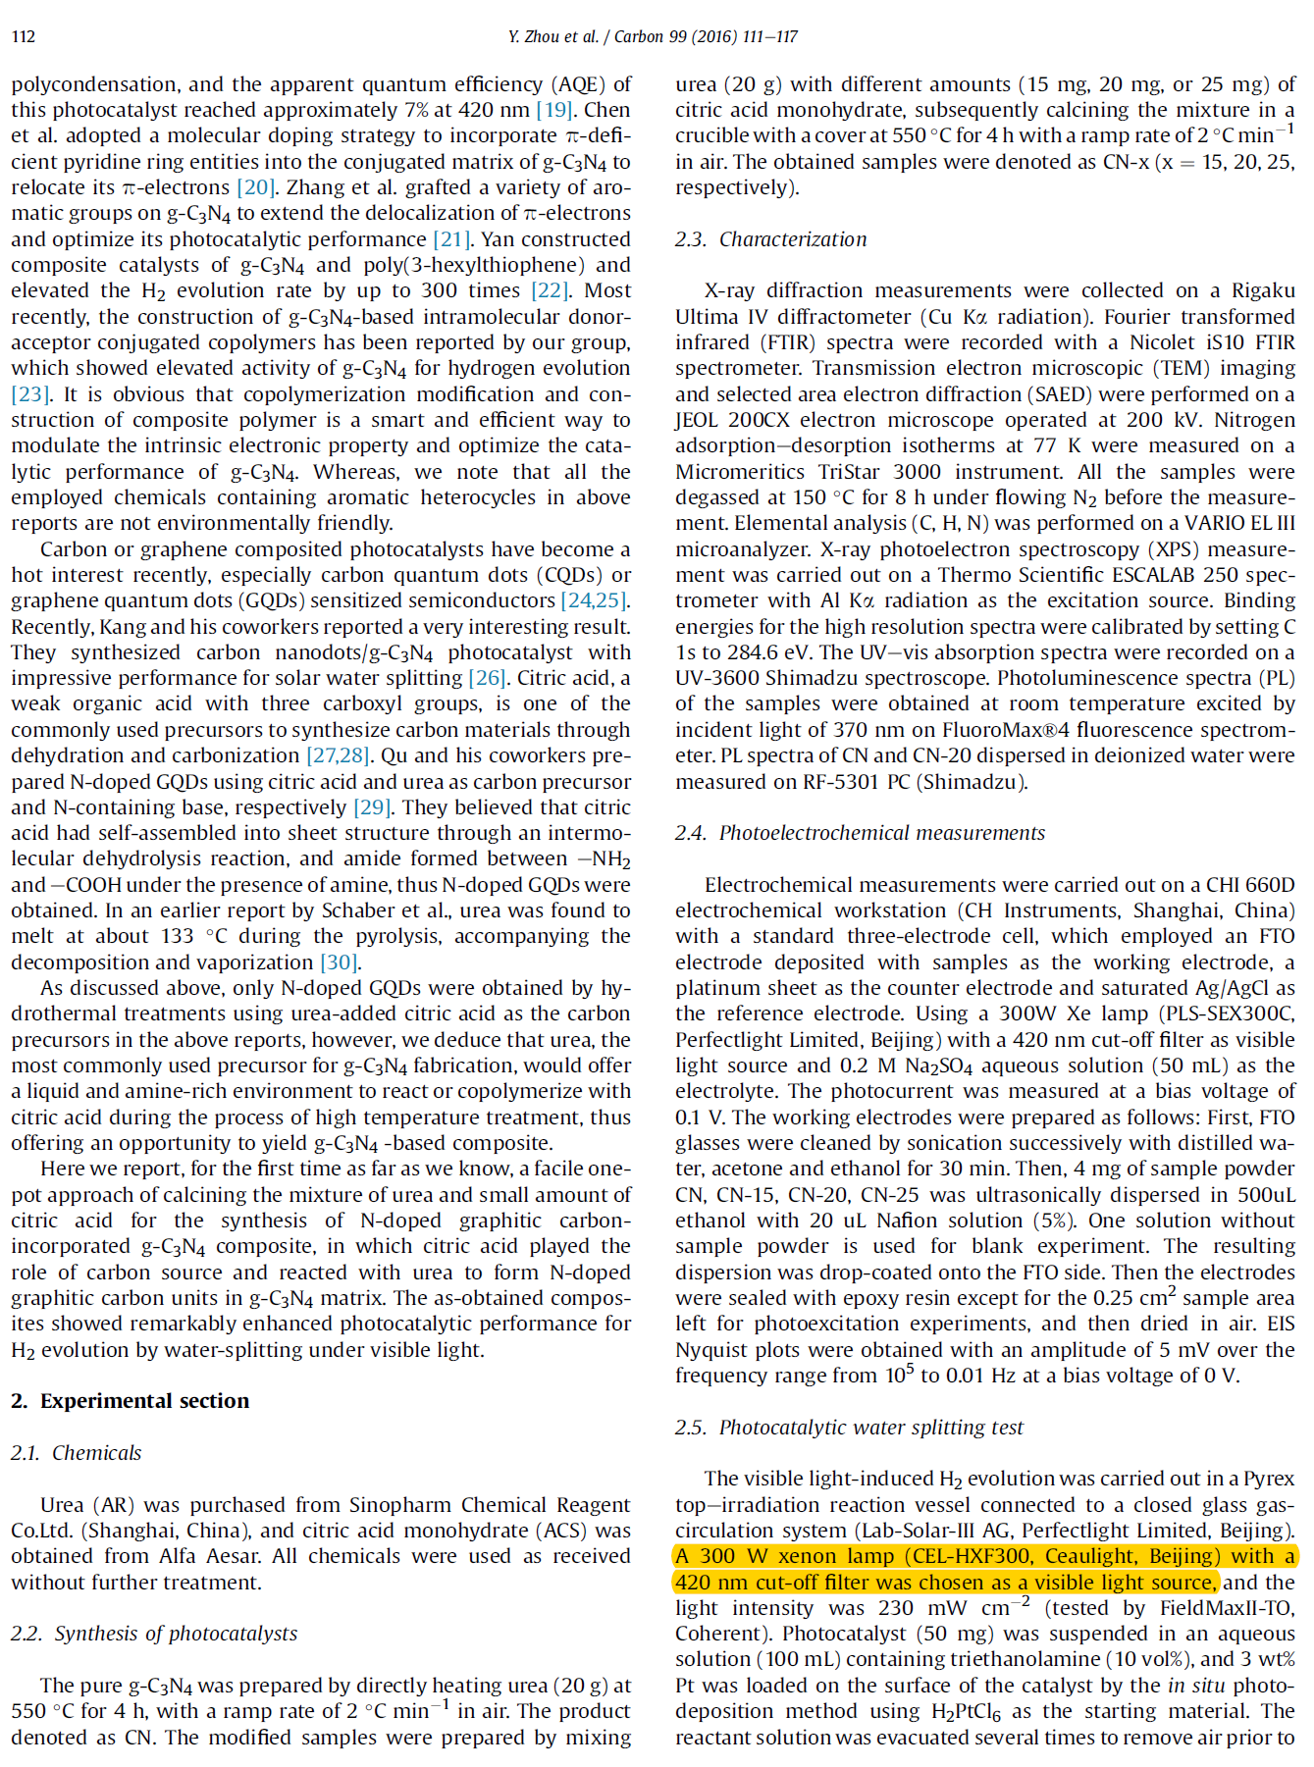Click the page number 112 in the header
[x=24, y=37]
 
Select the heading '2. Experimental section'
[x=131, y=1401]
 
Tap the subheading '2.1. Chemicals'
[x=77, y=1453]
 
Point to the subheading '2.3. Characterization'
[x=770, y=239]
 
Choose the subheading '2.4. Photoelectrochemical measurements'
[x=860, y=833]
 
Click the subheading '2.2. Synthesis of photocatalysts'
[x=154, y=1634]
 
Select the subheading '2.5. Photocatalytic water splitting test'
[x=849, y=1428]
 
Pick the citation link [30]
[x=341, y=962]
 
